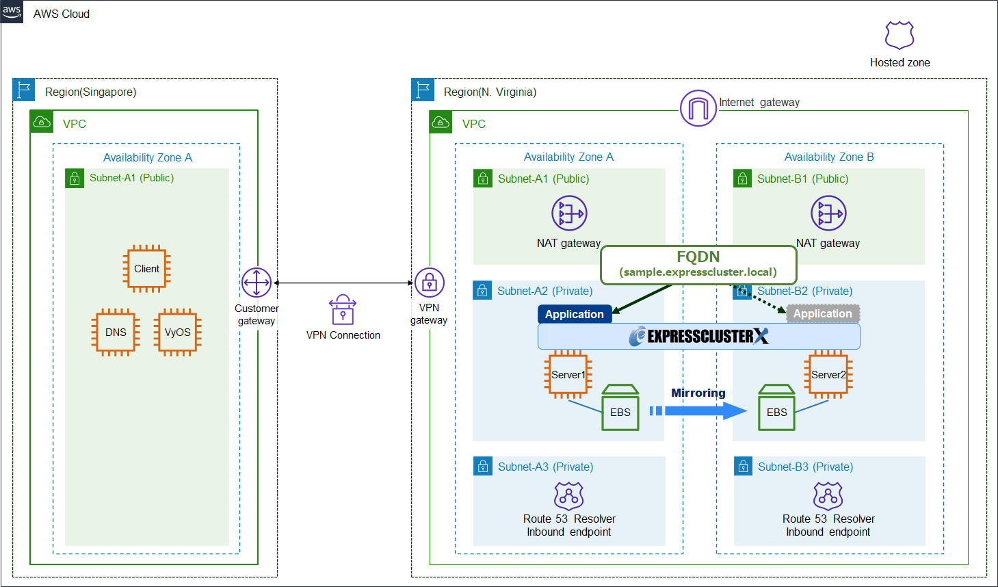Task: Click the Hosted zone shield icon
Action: (899, 35)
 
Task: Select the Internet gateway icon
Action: (698, 108)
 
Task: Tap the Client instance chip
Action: (146, 268)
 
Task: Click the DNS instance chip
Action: (116, 332)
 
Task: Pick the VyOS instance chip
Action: (177, 332)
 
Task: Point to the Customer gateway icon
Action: (257, 283)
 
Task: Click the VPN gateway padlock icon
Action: (429, 283)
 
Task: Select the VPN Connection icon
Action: (343, 309)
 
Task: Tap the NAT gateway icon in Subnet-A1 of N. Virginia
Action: (569, 213)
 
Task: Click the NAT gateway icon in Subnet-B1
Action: (828, 213)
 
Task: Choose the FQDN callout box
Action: (698, 265)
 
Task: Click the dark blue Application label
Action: (575, 314)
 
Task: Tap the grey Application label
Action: (822, 313)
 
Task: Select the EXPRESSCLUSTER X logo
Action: (698, 336)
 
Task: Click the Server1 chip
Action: (568, 374)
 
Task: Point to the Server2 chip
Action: (828, 374)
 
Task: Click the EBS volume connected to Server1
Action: (620, 407)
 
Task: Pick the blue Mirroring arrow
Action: (698, 410)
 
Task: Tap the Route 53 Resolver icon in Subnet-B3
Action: (828, 496)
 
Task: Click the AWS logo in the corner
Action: (12, 12)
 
